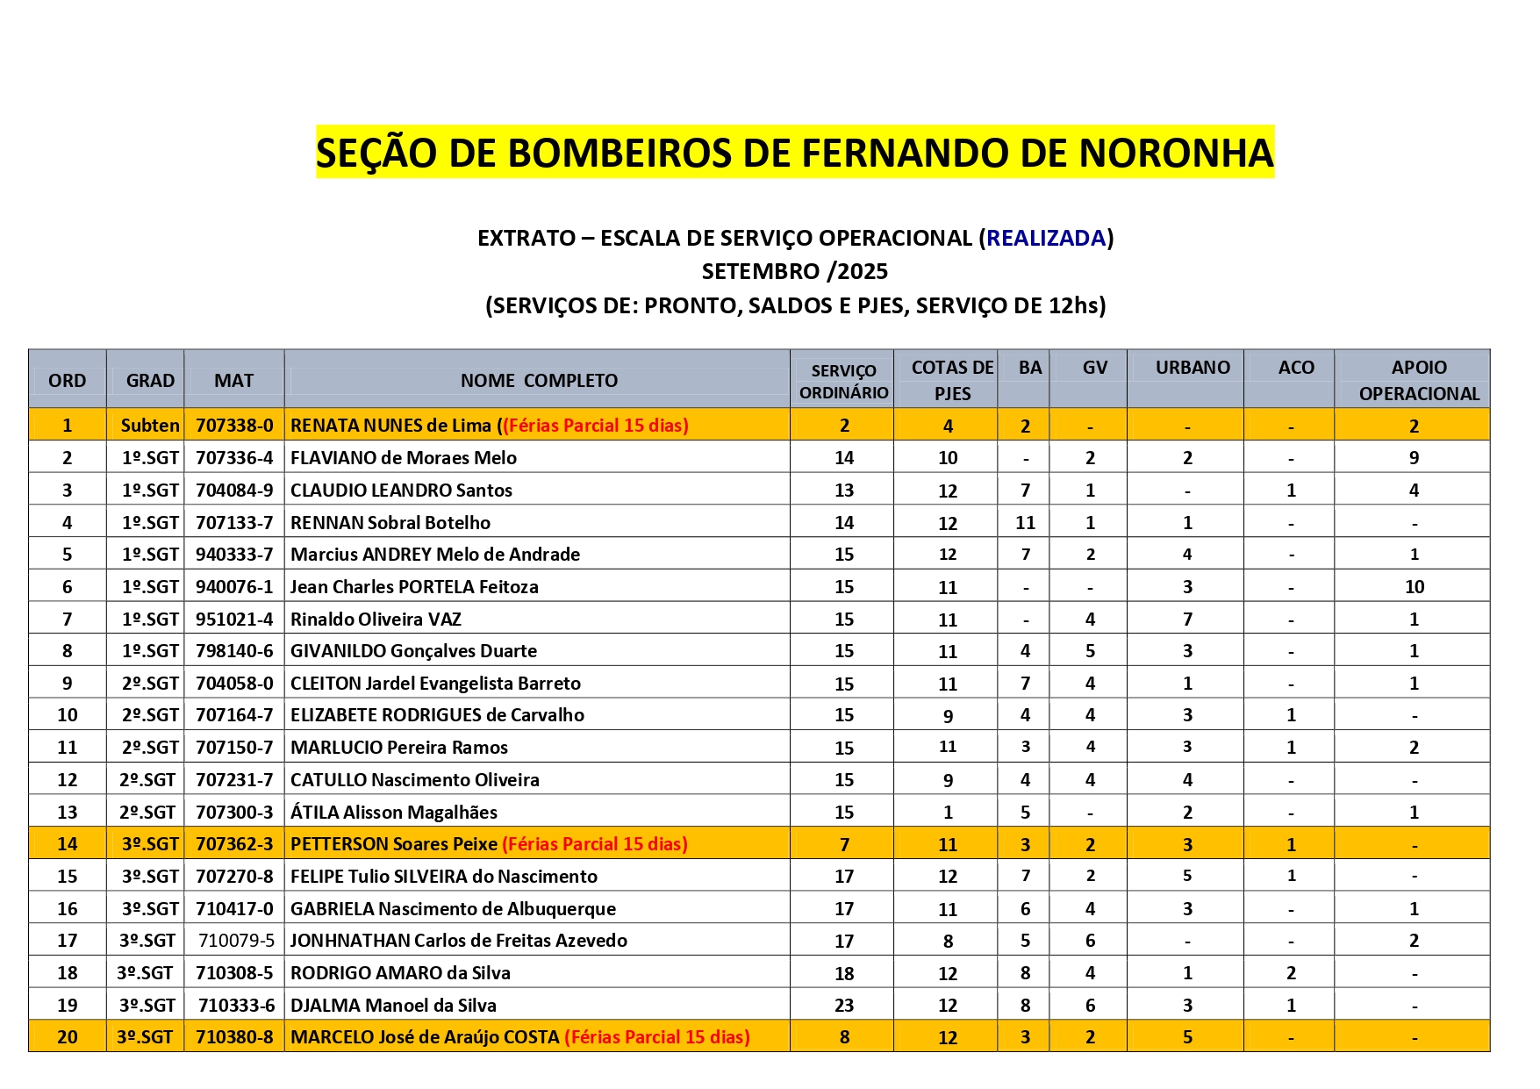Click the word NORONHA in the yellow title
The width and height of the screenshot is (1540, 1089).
click(1175, 153)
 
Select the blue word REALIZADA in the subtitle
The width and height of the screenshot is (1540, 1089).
click(1045, 238)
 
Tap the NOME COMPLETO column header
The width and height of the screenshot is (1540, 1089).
click(539, 381)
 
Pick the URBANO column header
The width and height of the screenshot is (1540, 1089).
click(1192, 368)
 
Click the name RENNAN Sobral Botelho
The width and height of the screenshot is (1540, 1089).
click(390, 523)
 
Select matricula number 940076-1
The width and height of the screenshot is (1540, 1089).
click(234, 587)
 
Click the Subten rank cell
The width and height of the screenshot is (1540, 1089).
click(150, 426)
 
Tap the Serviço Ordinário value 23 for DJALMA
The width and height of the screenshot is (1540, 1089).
click(844, 1006)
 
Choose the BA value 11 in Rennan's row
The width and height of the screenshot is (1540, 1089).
click(1025, 523)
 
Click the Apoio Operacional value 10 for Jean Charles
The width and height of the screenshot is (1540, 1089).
click(1414, 587)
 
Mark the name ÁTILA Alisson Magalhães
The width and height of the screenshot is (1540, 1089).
click(394, 813)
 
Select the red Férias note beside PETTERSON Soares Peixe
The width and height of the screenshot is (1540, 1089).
click(595, 844)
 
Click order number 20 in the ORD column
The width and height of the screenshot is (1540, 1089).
click(68, 1037)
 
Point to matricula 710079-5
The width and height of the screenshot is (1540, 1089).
click(236, 941)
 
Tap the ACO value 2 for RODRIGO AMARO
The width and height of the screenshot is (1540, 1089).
click(1291, 973)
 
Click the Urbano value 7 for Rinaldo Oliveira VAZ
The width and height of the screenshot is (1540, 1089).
click(1187, 620)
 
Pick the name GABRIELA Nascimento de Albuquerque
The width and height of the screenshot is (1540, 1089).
click(453, 909)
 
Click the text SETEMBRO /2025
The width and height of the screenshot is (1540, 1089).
click(795, 271)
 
